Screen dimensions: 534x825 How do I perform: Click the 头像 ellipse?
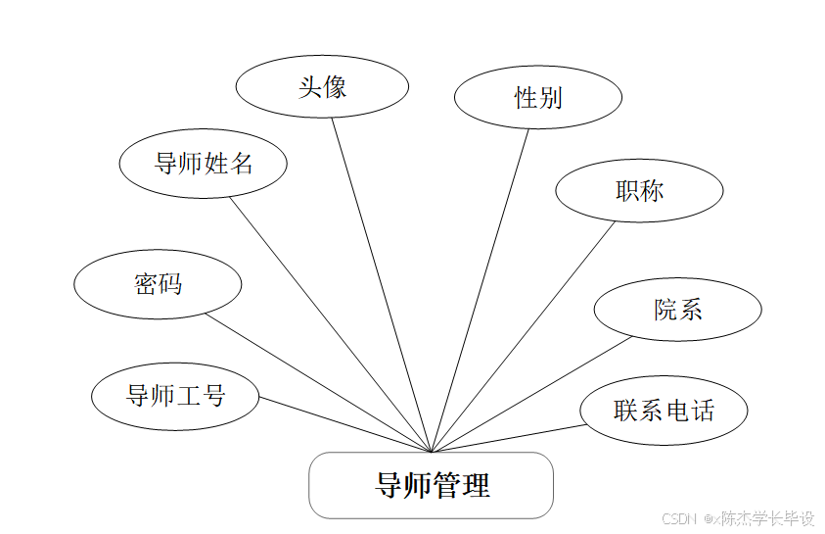[x=322, y=87]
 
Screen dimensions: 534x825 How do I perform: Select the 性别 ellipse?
[x=538, y=97]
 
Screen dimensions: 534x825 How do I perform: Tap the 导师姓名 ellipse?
[x=203, y=164]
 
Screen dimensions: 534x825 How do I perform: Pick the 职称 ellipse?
[x=639, y=191]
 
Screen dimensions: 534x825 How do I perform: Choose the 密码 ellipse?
[x=158, y=285]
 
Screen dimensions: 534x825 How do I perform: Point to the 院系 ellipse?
[x=677, y=311]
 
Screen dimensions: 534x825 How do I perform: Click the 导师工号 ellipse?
[x=175, y=397]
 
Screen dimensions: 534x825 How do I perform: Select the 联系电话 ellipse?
[x=664, y=411]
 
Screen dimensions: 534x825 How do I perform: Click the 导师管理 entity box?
[x=432, y=485]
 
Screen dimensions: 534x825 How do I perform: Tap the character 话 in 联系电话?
[x=702, y=411]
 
